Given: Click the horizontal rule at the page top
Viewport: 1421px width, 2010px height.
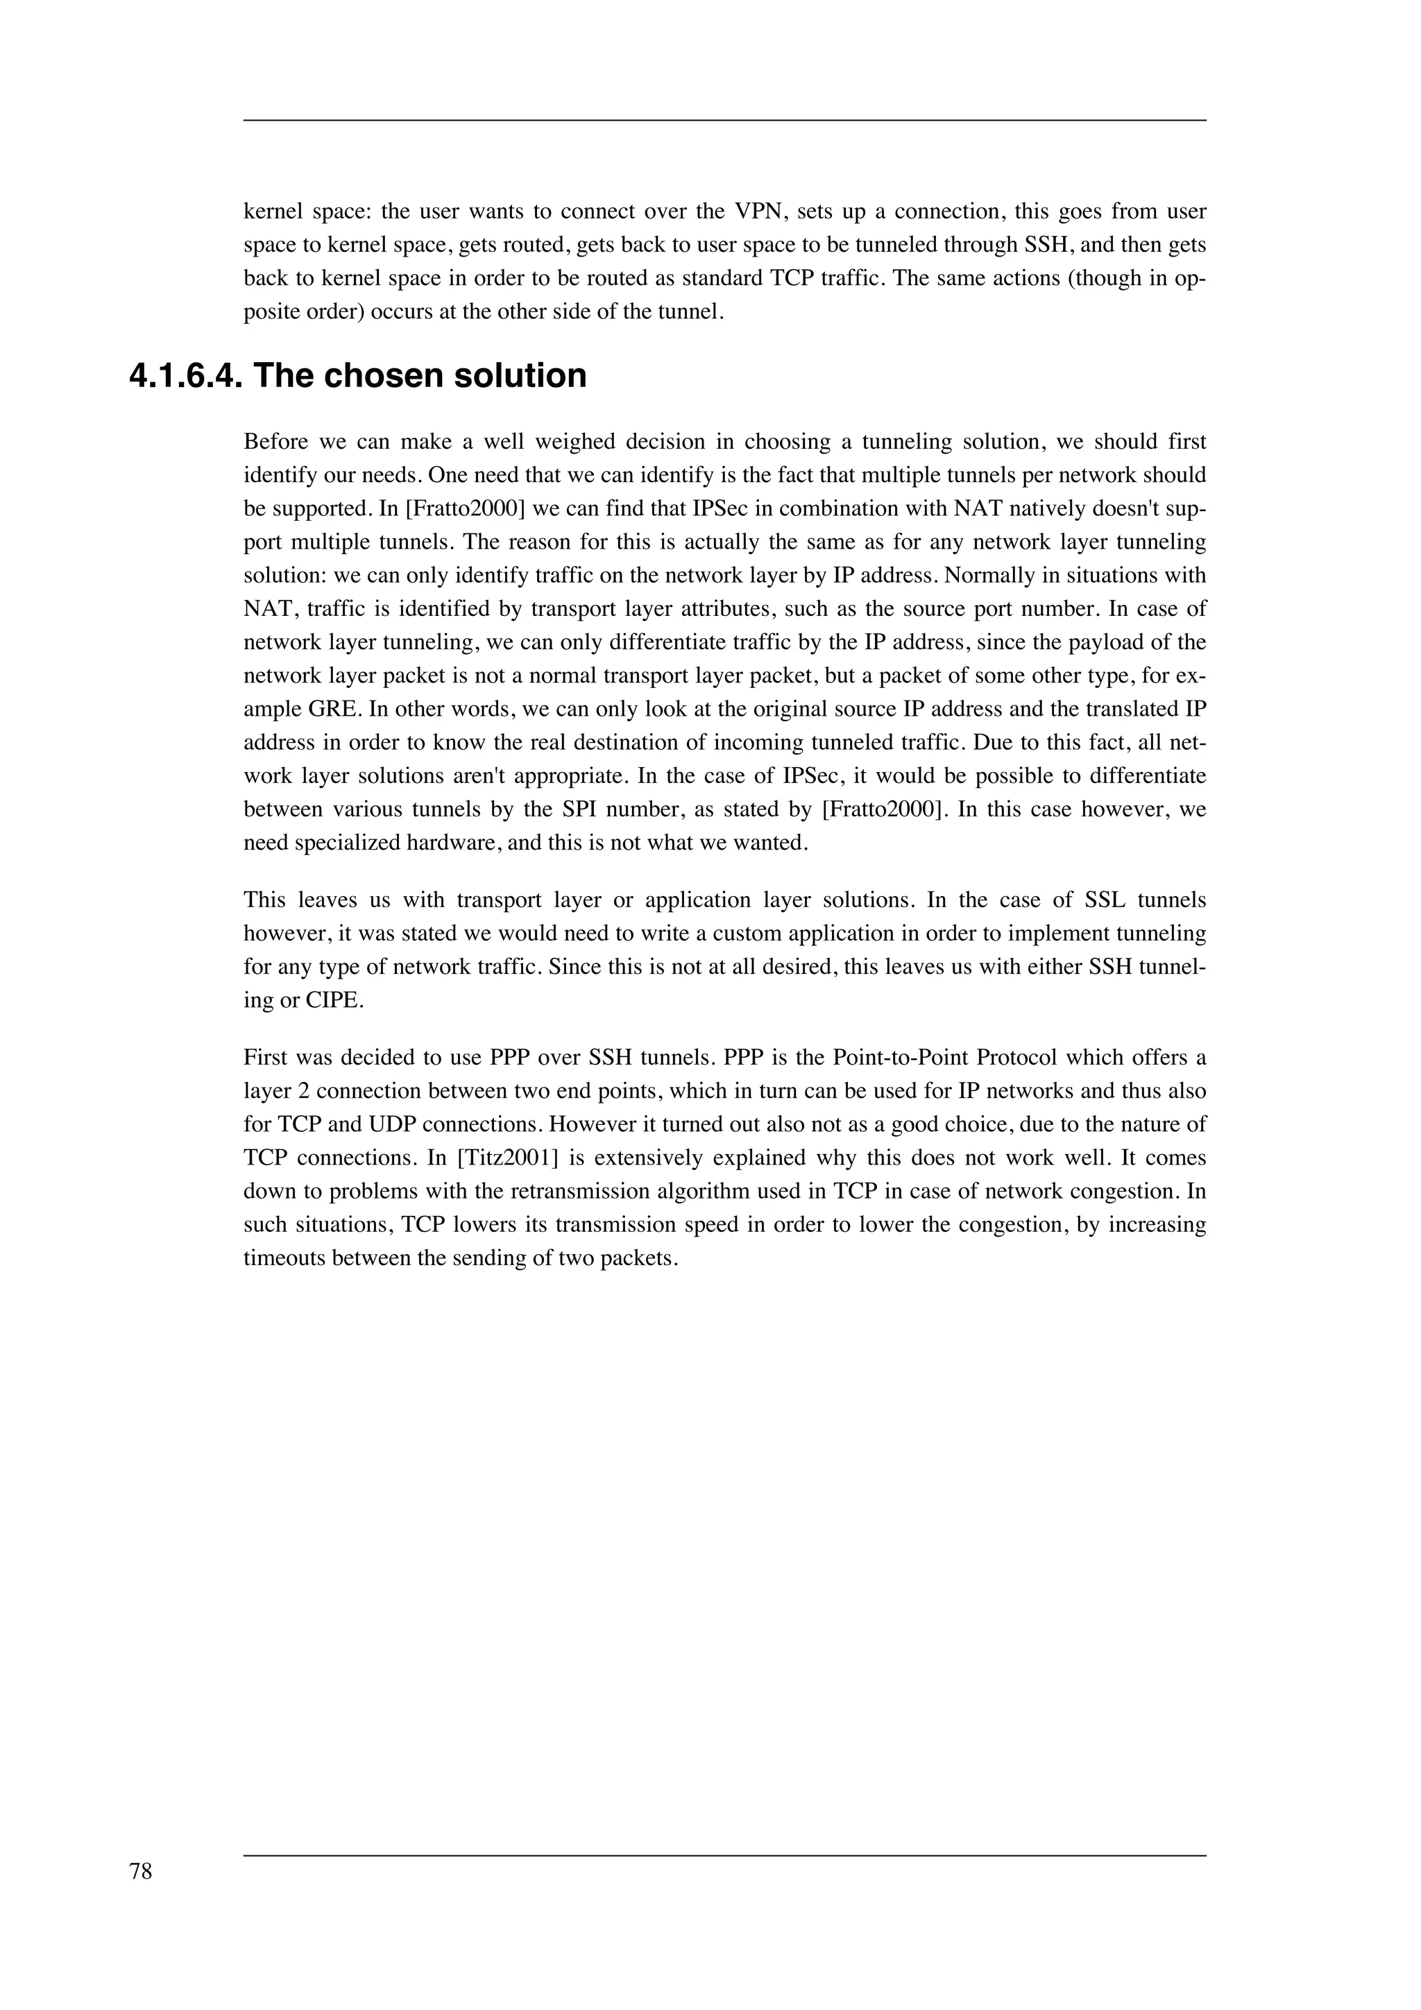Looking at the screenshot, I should pyautogui.click(x=724, y=121).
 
